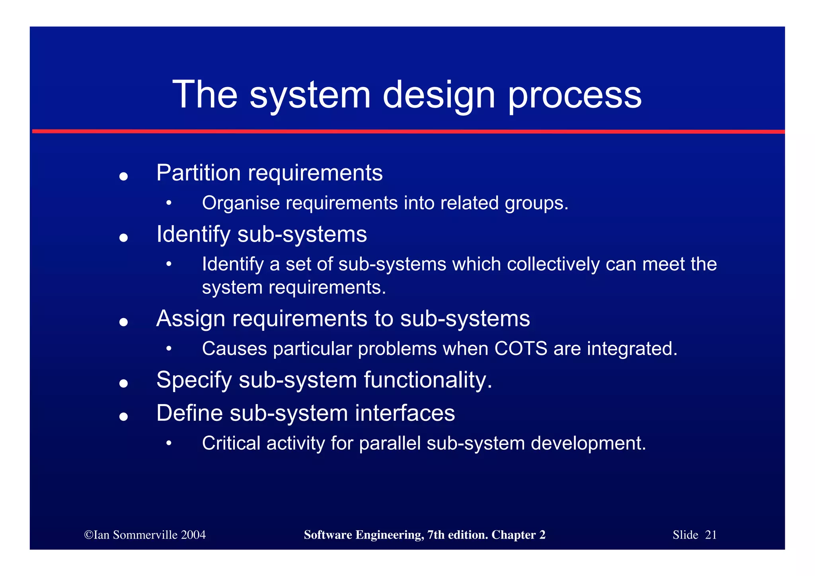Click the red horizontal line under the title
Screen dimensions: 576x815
(x=408, y=131)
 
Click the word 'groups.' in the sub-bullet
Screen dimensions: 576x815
(x=536, y=204)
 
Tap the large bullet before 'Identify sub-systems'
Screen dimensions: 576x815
(x=123, y=238)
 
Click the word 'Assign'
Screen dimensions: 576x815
(x=191, y=319)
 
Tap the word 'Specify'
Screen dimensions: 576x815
(x=194, y=381)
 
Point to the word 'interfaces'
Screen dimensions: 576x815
(x=405, y=413)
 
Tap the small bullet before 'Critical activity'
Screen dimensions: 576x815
(x=169, y=443)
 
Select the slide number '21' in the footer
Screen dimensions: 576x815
(x=710, y=535)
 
